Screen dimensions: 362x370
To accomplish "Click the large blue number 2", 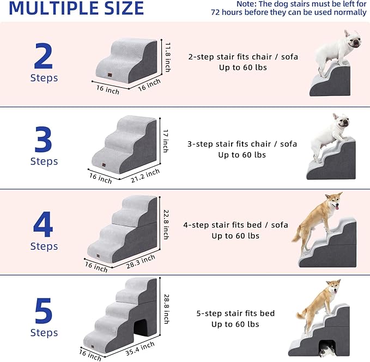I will (44, 56).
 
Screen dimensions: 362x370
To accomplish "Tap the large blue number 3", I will (44, 140).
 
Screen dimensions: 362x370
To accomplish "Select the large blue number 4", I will (44, 225).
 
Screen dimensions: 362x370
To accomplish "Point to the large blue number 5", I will (44, 310).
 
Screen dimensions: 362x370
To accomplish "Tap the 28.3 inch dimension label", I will (140, 261).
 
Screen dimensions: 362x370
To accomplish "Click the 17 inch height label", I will (166, 141).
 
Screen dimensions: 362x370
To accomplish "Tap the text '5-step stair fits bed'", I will (235, 313).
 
